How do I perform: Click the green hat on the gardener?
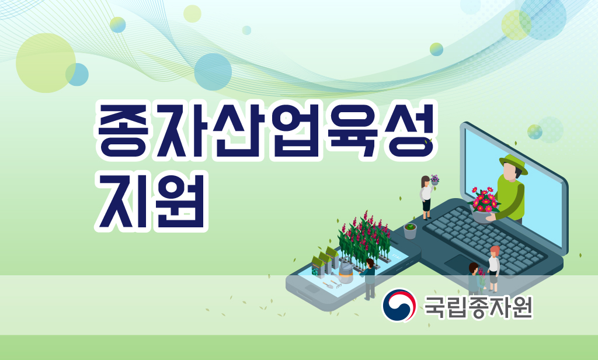(x=513, y=163)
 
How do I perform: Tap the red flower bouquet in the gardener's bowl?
(x=484, y=200)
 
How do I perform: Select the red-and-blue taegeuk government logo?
(x=398, y=305)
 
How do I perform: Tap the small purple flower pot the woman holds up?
(x=434, y=180)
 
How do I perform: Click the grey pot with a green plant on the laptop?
(x=410, y=231)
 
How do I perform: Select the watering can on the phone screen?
(x=345, y=274)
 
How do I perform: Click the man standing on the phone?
(x=369, y=279)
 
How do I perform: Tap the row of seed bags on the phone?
(x=325, y=261)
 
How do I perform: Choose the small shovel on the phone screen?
(x=328, y=285)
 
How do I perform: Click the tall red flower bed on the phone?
(x=364, y=238)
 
